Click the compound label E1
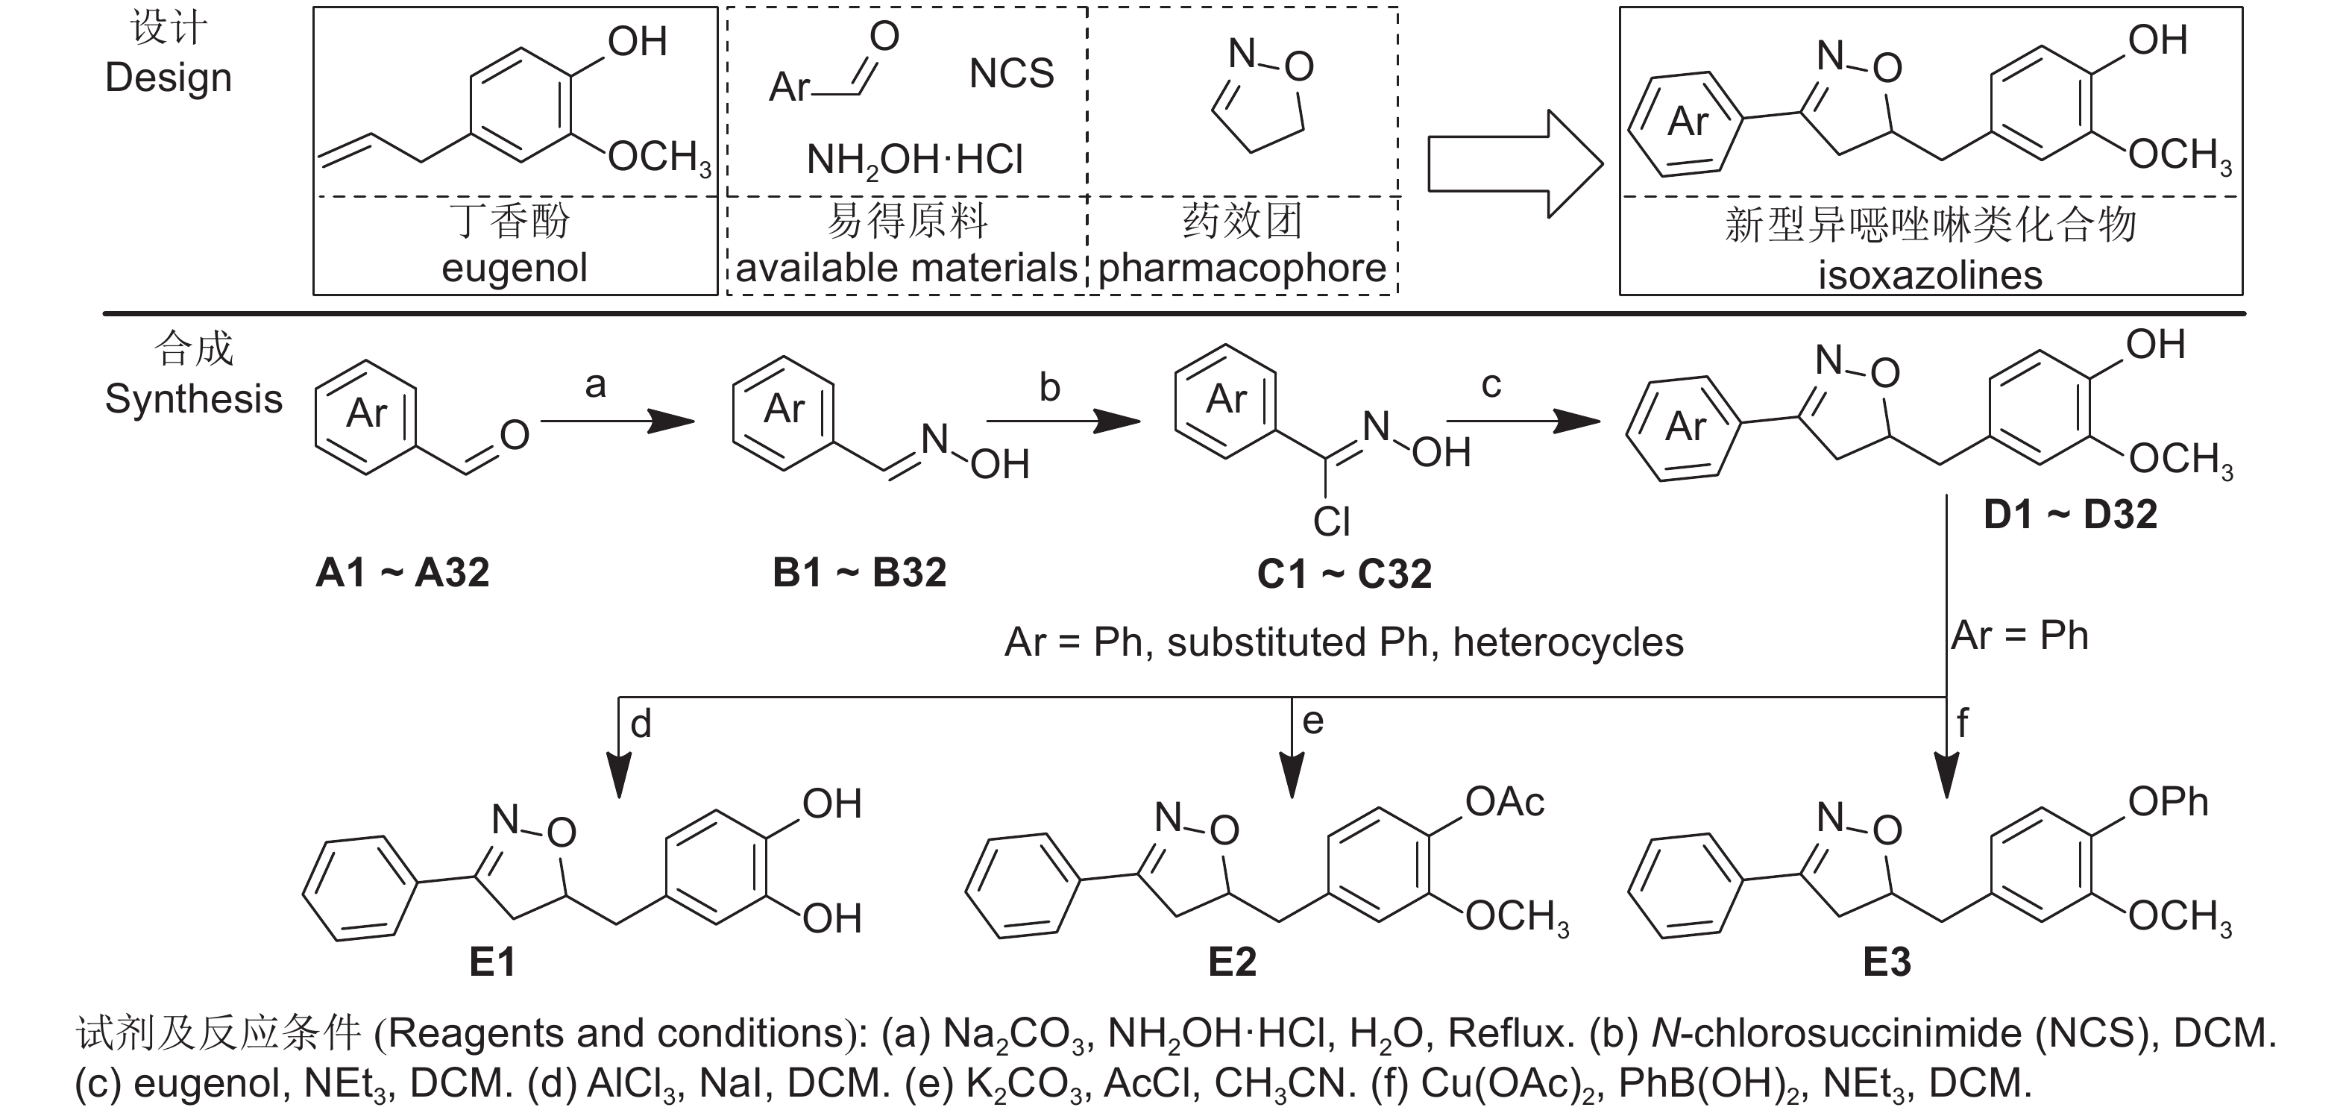pyautogui.click(x=492, y=962)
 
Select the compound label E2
pyautogui.click(x=1232, y=962)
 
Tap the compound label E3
pyautogui.click(x=1887, y=962)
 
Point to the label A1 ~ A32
pyautogui.click(x=402, y=573)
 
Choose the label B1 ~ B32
pyautogui.click(x=859, y=573)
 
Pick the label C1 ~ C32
pyautogui.click(x=1344, y=574)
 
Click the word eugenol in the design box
pyautogui.click(x=515, y=268)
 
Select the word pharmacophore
pyautogui.click(x=1242, y=268)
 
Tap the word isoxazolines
pyautogui.click(x=1930, y=275)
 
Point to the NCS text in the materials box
pyautogui.click(x=1011, y=74)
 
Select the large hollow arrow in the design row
pyautogui.click(x=1515, y=164)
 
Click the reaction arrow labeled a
pyautogui.click(x=617, y=421)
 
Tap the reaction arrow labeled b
pyautogui.click(x=1063, y=421)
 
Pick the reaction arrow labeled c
pyautogui.click(x=1523, y=421)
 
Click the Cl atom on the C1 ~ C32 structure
pyautogui.click(x=1331, y=521)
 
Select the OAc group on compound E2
pyautogui.click(x=1505, y=803)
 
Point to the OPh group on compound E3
pyautogui.click(x=2168, y=803)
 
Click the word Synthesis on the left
pyautogui.click(x=193, y=399)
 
